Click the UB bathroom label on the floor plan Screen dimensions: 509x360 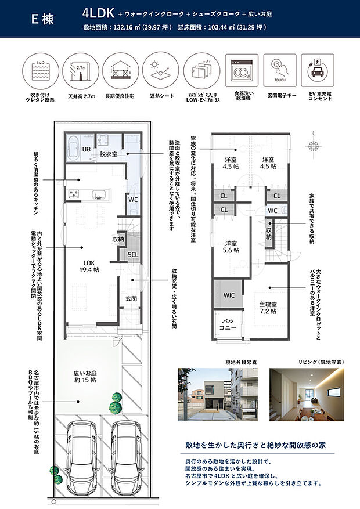[x=85, y=150]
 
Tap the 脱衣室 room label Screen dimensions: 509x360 [x=109, y=154]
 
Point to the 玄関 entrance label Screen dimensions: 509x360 [x=130, y=299]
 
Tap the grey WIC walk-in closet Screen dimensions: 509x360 [x=228, y=295]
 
